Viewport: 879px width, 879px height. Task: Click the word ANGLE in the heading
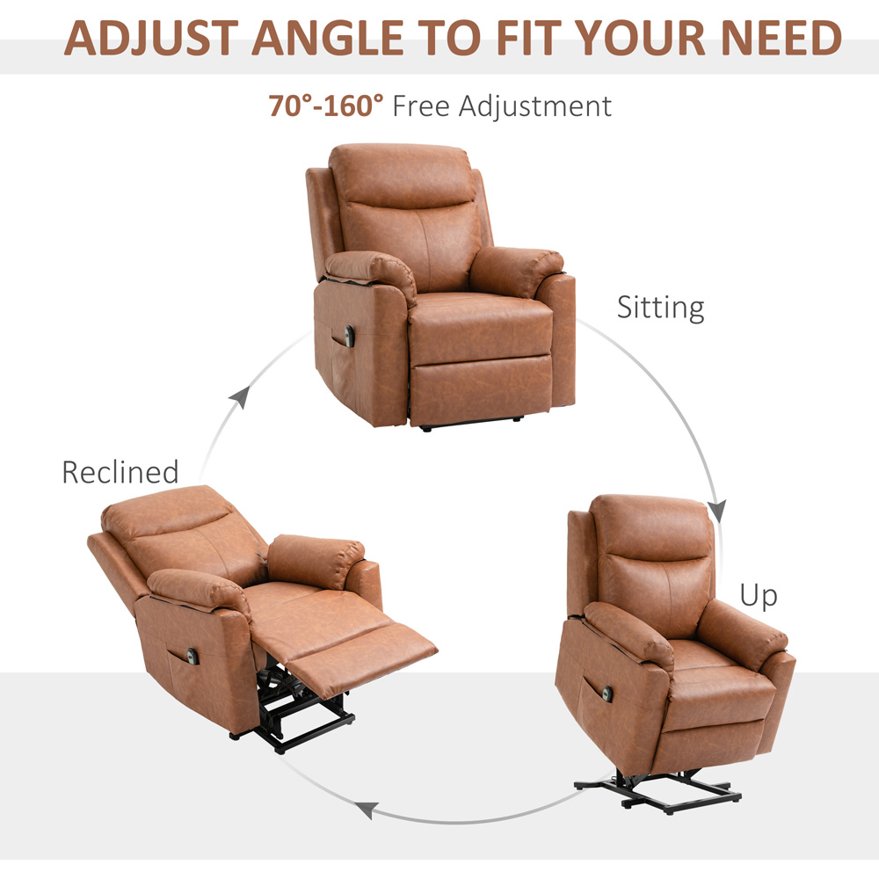tap(328, 38)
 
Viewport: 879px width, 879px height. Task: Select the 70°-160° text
tap(326, 105)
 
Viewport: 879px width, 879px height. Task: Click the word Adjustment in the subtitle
tap(534, 106)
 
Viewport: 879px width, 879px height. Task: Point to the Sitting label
tap(660, 307)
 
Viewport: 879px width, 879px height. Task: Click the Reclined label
tap(120, 472)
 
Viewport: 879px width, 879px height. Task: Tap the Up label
tap(759, 595)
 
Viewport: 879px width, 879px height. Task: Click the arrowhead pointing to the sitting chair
tap(241, 396)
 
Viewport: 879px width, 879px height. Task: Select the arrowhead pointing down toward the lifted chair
tap(717, 511)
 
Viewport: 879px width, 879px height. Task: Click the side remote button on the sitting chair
tap(349, 336)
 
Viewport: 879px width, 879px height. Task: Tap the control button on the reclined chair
tap(193, 656)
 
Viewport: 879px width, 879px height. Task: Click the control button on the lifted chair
tap(607, 694)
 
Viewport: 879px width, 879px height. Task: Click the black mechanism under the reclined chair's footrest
tap(297, 707)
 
